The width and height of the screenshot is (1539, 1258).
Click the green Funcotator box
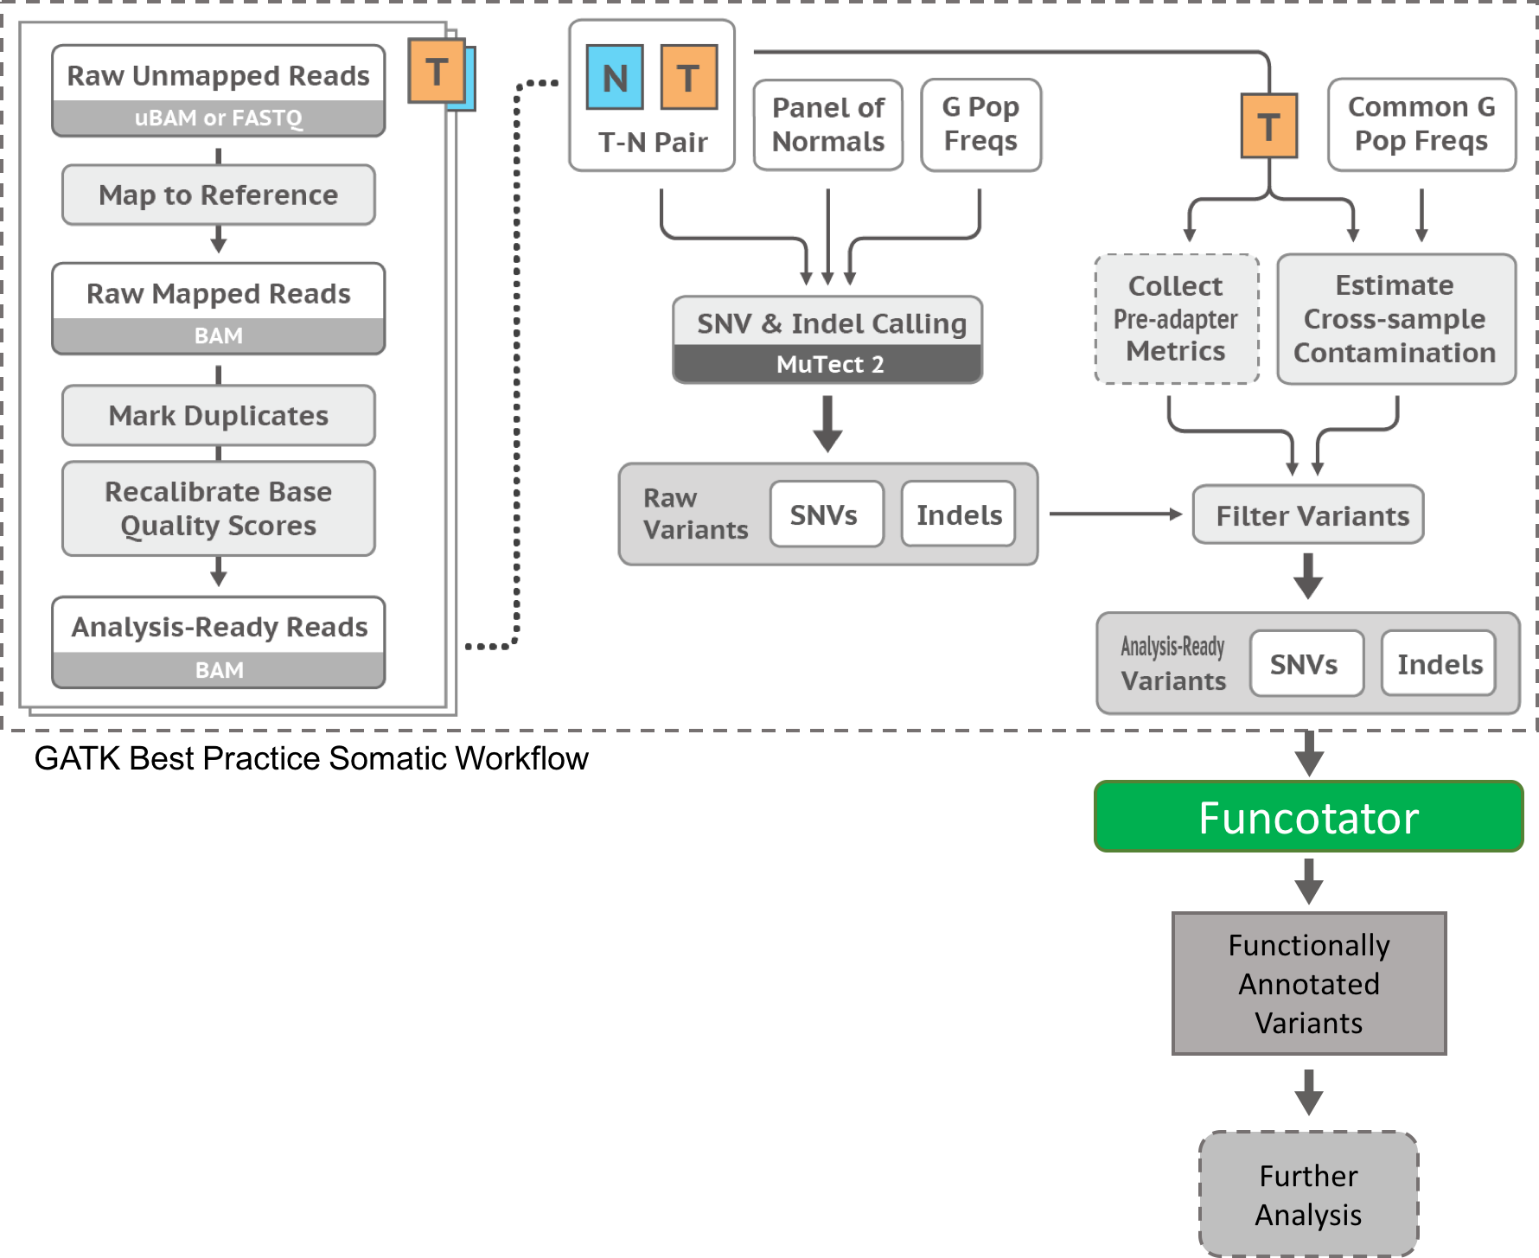(x=1308, y=817)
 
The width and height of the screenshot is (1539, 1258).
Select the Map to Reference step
(x=218, y=195)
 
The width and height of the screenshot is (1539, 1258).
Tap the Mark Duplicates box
(x=218, y=416)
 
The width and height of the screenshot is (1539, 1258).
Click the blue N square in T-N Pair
(x=615, y=78)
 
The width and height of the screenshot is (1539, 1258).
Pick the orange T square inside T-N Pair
(x=689, y=78)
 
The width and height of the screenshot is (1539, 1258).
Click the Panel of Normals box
(x=827, y=125)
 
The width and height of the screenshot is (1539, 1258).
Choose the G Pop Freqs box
(x=980, y=125)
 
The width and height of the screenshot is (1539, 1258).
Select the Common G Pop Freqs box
(x=1421, y=125)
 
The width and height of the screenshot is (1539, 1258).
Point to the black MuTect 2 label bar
(x=827, y=365)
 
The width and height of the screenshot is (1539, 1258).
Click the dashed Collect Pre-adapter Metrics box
(x=1176, y=319)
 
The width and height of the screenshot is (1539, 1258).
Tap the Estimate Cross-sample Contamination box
(x=1395, y=319)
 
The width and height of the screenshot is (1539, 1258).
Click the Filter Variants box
(x=1307, y=515)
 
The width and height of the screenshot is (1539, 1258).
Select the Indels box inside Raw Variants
(x=958, y=514)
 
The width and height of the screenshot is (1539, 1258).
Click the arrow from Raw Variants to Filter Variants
(x=1115, y=514)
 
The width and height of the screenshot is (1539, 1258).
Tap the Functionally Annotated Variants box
(x=1308, y=984)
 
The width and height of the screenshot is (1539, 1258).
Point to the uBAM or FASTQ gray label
(x=218, y=118)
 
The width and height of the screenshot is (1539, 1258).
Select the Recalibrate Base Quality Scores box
(x=218, y=508)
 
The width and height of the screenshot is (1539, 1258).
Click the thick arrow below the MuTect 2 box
(x=827, y=424)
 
